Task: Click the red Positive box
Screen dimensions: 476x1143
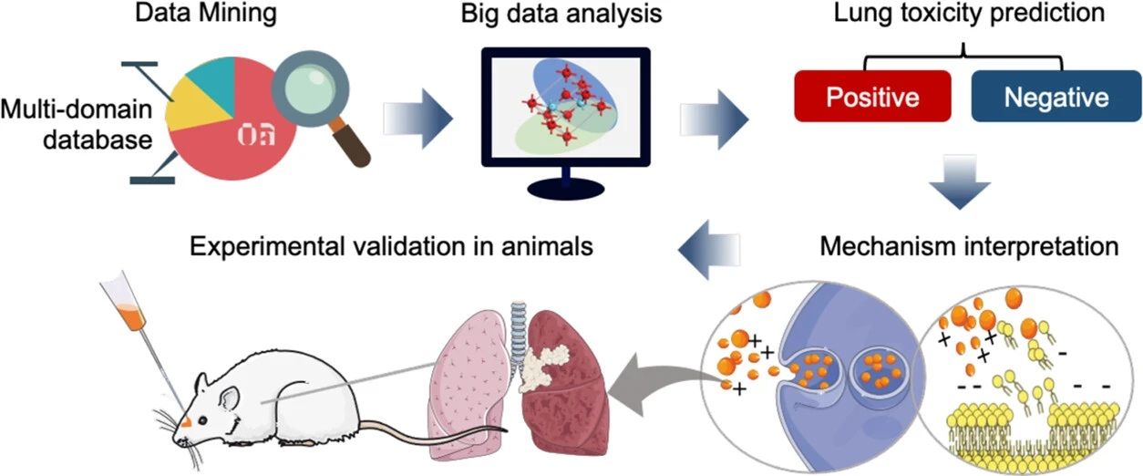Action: pos(870,96)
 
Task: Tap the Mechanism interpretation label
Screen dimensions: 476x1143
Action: pos(968,247)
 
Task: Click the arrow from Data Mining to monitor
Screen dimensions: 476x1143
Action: pos(418,115)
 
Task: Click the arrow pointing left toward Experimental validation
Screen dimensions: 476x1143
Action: pos(711,247)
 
